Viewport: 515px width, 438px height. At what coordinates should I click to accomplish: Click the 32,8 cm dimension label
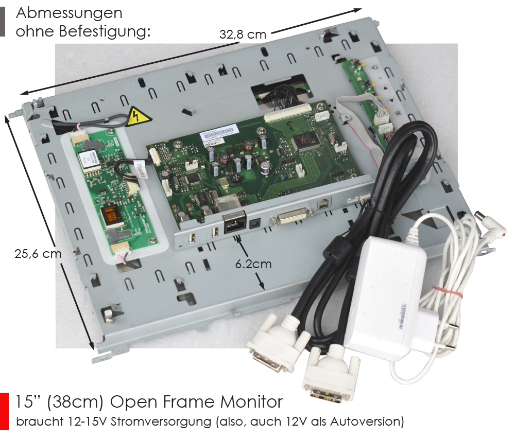(x=243, y=34)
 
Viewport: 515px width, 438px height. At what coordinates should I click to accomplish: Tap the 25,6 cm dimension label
(x=38, y=254)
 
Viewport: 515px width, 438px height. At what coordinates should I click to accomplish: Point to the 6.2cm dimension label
(x=253, y=264)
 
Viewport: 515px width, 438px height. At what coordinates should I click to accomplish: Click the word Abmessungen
(x=69, y=14)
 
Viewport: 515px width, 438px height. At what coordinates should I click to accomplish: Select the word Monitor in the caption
(x=251, y=402)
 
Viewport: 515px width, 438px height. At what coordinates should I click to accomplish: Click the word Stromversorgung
(x=161, y=421)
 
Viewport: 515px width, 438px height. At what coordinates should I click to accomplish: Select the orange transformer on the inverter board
(x=111, y=217)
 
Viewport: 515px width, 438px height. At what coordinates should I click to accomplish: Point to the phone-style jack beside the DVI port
(x=324, y=204)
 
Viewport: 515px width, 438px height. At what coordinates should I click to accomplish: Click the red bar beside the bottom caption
(x=4, y=412)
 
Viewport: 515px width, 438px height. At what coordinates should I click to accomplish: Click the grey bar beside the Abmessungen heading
(x=3, y=22)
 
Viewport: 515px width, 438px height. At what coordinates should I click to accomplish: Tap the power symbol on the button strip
(x=375, y=68)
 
